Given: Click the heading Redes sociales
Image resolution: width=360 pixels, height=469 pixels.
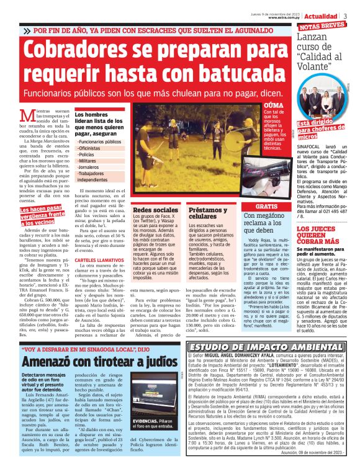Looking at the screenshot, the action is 153,210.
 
